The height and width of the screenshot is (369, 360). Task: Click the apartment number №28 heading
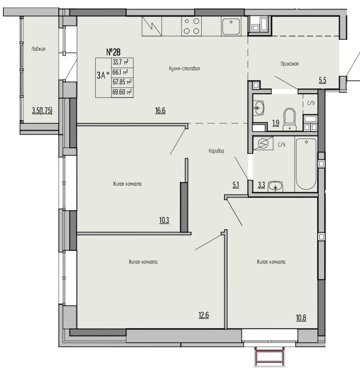(113, 52)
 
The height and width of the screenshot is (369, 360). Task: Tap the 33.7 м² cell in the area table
(122, 62)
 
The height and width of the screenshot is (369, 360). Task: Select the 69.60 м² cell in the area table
(122, 92)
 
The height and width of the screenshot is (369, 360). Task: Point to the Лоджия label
(38, 49)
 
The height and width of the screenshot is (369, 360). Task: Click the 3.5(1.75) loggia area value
(42, 110)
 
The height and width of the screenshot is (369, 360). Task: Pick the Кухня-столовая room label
(184, 68)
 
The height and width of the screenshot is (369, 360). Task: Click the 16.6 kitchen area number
(160, 110)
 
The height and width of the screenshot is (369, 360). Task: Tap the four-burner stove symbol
(191, 26)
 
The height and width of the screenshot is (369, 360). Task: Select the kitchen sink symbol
(231, 26)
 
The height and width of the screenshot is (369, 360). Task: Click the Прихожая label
(290, 64)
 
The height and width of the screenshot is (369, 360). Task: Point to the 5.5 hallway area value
(322, 80)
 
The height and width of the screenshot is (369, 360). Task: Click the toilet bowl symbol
(290, 119)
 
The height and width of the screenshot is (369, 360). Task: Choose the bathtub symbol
(306, 164)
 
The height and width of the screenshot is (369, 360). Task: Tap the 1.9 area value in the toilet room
(276, 123)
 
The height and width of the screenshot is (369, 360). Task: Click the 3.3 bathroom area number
(262, 185)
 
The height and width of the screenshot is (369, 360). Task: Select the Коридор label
(217, 151)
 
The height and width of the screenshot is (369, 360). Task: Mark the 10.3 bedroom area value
(164, 220)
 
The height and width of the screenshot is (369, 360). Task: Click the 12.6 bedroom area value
(204, 315)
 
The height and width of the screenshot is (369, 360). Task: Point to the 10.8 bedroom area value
(301, 318)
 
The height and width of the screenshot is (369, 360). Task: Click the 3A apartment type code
(101, 76)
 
